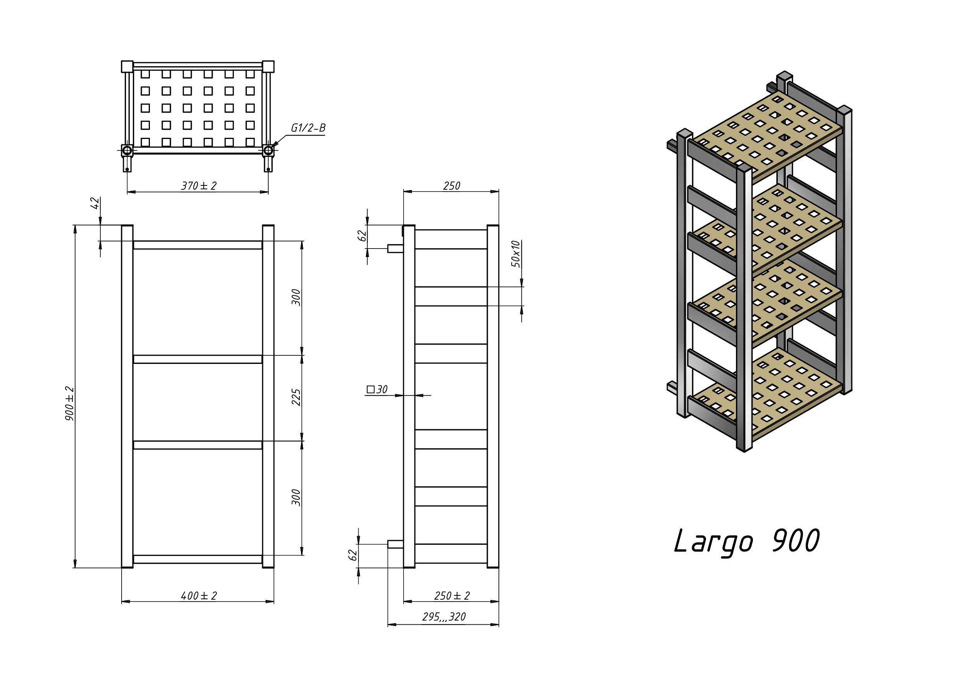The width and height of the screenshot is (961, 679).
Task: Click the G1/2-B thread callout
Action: [308, 128]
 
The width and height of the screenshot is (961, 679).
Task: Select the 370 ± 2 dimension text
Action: [199, 186]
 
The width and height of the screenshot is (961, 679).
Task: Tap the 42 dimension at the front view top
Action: [95, 203]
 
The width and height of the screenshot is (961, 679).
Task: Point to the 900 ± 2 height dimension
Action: [69, 404]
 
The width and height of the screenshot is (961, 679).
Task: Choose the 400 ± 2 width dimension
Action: [199, 596]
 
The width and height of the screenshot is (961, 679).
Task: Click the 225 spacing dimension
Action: [296, 397]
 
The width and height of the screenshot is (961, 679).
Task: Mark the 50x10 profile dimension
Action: [516, 254]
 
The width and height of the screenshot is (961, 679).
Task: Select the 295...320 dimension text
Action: [444, 617]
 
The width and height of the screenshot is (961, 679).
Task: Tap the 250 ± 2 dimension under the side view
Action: [452, 596]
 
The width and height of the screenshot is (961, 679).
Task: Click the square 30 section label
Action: [377, 389]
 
